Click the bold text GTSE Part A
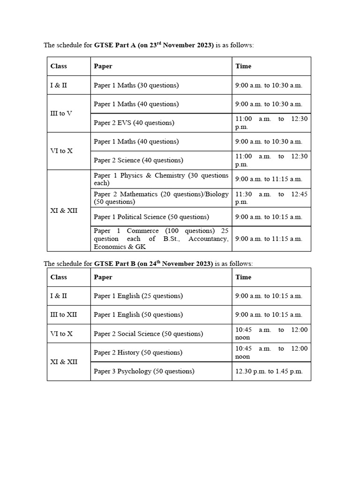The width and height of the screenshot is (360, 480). (115, 45)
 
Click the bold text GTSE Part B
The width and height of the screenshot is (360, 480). (115, 264)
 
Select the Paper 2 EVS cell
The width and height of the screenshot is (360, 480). (134, 123)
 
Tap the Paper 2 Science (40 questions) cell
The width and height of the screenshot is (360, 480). (138, 160)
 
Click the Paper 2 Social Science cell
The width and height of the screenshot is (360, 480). (148, 334)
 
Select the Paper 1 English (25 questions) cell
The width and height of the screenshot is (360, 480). (138, 296)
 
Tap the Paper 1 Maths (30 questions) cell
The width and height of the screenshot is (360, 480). (136, 85)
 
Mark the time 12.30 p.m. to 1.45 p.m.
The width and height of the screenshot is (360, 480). (269, 371)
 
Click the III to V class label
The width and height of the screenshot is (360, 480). (61, 113)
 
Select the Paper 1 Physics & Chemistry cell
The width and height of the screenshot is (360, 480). (161, 179)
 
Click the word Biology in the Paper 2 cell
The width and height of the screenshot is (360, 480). (216, 194)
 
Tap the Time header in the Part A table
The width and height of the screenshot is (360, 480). (243, 66)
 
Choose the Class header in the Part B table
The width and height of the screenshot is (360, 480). (59, 277)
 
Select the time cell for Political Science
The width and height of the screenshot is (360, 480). (269, 217)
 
